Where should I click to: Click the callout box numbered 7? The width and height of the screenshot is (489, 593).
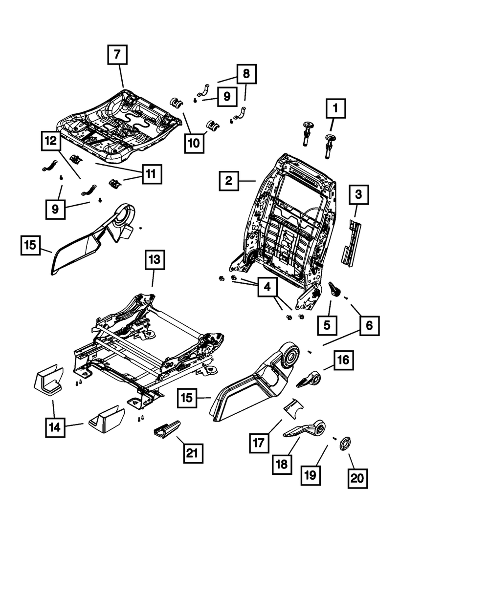(x=117, y=54)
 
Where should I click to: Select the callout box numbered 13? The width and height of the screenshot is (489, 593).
(x=155, y=259)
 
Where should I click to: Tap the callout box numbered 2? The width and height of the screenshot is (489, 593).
(x=229, y=181)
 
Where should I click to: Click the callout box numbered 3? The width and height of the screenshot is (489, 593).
(x=359, y=194)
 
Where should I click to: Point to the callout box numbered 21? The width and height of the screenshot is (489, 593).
(x=193, y=453)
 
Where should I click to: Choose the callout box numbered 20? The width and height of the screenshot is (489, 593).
(x=357, y=479)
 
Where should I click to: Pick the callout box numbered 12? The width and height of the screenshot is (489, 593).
(x=51, y=141)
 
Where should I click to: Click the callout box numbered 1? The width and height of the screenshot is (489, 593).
(x=336, y=108)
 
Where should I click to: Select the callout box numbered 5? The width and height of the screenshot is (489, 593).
(x=327, y=325)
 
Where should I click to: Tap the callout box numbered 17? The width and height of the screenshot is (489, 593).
(x=259, y=443)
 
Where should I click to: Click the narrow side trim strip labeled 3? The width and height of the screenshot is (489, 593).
(x=351, y=243)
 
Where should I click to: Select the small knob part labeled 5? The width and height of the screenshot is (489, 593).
(x=334, y=289)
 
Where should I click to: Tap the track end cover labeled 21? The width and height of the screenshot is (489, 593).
(x=167, y=429)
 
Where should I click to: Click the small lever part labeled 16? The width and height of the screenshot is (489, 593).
(x=309, y=379)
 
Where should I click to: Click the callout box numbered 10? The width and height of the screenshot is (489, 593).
(x=194, y=144)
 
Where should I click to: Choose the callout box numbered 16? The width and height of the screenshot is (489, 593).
(x=344, y=360)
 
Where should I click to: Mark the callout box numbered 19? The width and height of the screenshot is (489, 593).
(x=311, y=475)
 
